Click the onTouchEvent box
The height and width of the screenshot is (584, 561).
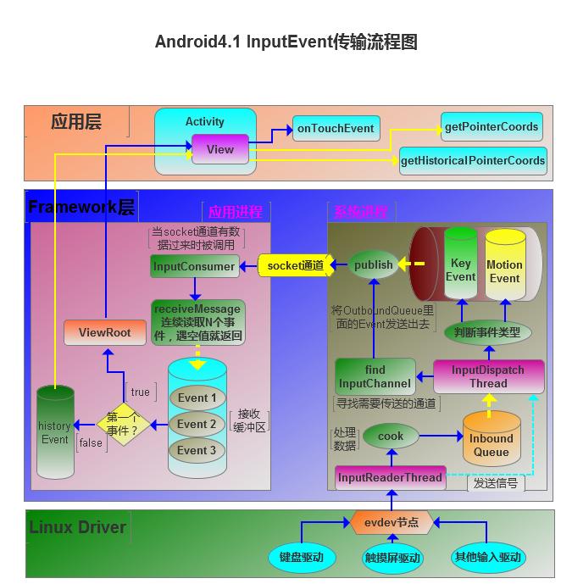click(336, 129)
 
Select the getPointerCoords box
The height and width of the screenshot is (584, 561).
click(491, 127)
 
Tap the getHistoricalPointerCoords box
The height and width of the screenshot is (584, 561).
click(472, 160)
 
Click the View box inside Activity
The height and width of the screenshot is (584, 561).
click(219, 149)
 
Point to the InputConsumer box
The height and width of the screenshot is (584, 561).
click(193, 266)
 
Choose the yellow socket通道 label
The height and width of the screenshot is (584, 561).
click(293, 265)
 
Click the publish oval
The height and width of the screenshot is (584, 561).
click(374, 265)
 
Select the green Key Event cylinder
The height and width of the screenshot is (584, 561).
click(460, 267)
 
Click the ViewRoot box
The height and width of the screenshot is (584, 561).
click(105, 332)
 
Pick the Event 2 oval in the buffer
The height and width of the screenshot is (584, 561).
click(197, 424)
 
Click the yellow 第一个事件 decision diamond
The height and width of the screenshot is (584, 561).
click(123, 424)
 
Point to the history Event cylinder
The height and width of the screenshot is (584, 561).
click(55, 431)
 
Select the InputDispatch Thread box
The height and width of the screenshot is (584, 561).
click(488, 376)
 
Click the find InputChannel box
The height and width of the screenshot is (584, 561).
click(375, 376)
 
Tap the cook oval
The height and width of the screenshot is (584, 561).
click(391, 436)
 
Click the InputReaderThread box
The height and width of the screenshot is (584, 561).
click(390, 477)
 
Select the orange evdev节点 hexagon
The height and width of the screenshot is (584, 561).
click(392, 522)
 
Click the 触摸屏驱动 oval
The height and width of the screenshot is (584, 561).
click(392, 558)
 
